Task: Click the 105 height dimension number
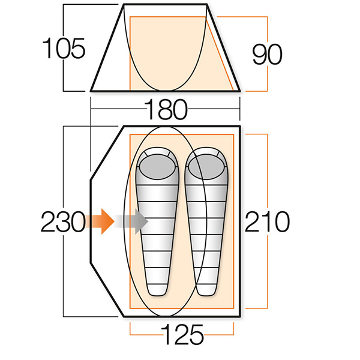point(64,48)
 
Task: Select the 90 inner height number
point(267,54)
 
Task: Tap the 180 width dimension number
point(166,109)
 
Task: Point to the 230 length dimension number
point(63,222)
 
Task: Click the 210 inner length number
point(267,221)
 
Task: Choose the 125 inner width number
point(182,334)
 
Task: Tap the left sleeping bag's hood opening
point(157,167)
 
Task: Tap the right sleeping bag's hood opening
point(206,167)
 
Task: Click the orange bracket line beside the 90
point(267,54)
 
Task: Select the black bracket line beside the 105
point(64,47)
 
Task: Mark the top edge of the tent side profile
point(166,4)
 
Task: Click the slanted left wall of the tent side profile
point(107,47)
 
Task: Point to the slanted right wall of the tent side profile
point(223,47)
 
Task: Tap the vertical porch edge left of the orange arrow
point(91,221)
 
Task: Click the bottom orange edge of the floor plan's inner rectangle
point(182,308)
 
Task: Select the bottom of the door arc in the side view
point(165,90)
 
